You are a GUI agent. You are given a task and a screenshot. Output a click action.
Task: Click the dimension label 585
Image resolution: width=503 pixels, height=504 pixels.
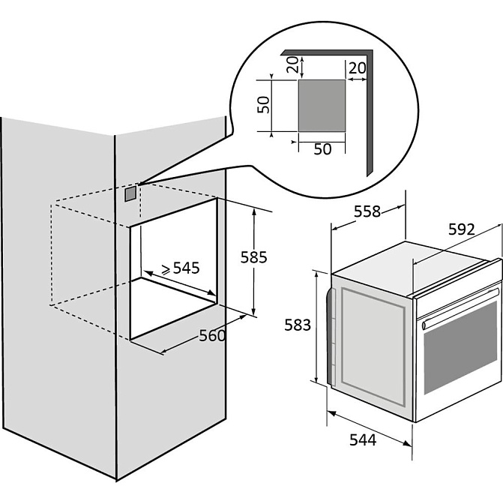pyautogui.click(x=254, y=256)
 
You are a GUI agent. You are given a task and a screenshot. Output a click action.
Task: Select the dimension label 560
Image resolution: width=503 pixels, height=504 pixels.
pyautogui.click(x=212, y=336)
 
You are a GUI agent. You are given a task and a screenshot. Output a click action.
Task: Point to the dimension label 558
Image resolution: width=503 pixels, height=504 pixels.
pyautogui.click(x=367, y=212)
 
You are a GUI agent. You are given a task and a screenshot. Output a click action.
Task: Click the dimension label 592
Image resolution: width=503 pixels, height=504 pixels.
pyautogui.click(x=462, y=230)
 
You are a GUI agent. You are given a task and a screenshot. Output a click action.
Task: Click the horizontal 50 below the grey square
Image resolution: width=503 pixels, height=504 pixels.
pyautogui.click(x=322, y=148)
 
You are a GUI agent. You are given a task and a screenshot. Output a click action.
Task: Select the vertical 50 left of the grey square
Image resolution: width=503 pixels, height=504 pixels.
pyautogui.click(x=263, y=104)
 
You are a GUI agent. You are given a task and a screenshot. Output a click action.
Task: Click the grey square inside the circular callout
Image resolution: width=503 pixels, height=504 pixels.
pyautogui.click(x=322, y=104)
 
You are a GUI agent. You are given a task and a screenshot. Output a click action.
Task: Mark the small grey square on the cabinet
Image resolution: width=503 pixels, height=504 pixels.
pyautogui.click(x=131, y=193)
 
